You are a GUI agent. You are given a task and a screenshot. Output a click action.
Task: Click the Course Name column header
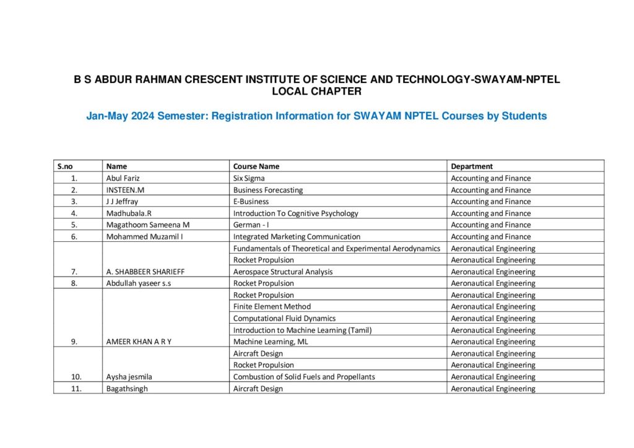tap(256, 166)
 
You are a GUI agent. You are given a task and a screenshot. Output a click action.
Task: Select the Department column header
tap(472, 166)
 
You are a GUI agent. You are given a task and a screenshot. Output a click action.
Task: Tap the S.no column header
tap(65, 166)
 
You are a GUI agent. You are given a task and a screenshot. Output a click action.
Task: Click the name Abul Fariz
tap(123, 178)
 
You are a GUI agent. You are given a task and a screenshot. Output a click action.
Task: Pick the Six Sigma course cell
tap(248, 178)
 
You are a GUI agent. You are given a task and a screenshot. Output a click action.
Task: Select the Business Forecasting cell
tap(267, 190)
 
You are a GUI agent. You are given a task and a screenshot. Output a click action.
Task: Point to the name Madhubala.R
tap(128, 213)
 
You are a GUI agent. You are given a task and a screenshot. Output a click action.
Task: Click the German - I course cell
tap(251, 225)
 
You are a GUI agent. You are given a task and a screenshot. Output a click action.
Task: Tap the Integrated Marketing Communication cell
tap(296, 236)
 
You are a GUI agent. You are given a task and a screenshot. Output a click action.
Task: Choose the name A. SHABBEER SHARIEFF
tap(145, 272)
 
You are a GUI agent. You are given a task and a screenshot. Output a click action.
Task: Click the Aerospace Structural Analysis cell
tap(282, 272)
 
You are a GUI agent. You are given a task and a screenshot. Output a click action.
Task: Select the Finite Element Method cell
tap(272, 306)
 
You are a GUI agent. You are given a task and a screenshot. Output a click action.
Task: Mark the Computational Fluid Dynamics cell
tap(284, 318)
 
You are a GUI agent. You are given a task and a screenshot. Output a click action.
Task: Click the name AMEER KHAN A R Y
tap(139, 342)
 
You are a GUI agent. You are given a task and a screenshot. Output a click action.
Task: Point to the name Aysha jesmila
tap(129, 377)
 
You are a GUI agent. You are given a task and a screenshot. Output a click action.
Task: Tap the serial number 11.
tap(75, 389)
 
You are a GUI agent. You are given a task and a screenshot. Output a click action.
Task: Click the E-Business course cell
tap(251, 202)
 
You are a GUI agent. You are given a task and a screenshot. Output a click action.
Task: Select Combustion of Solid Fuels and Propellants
tap(303, 377)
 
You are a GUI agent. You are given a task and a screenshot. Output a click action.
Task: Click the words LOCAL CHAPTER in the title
tap(316, 92)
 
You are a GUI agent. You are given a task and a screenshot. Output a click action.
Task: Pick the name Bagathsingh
tap(127, 389)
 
